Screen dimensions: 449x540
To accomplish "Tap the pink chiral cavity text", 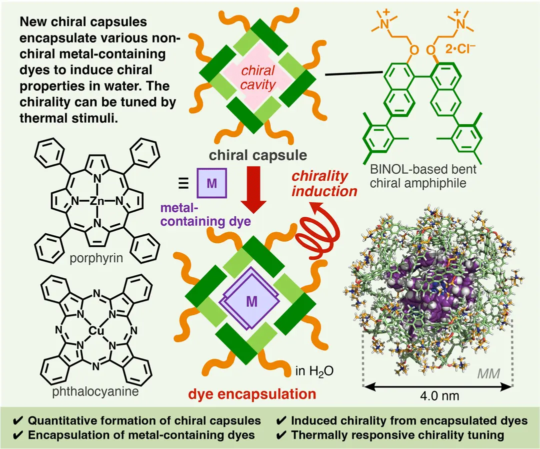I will (257, 79).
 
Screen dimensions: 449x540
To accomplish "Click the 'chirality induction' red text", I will (324, 184).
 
